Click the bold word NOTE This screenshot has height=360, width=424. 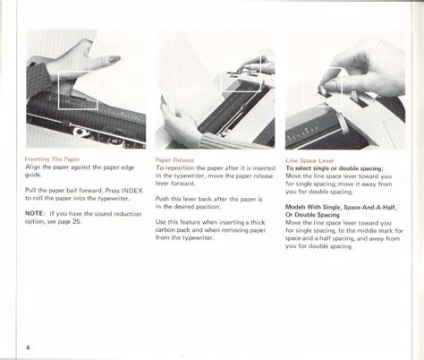tap(35, 212)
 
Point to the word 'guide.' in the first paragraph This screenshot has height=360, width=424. tap(35, 176)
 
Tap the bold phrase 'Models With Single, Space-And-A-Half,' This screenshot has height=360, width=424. tap(341, 207)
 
